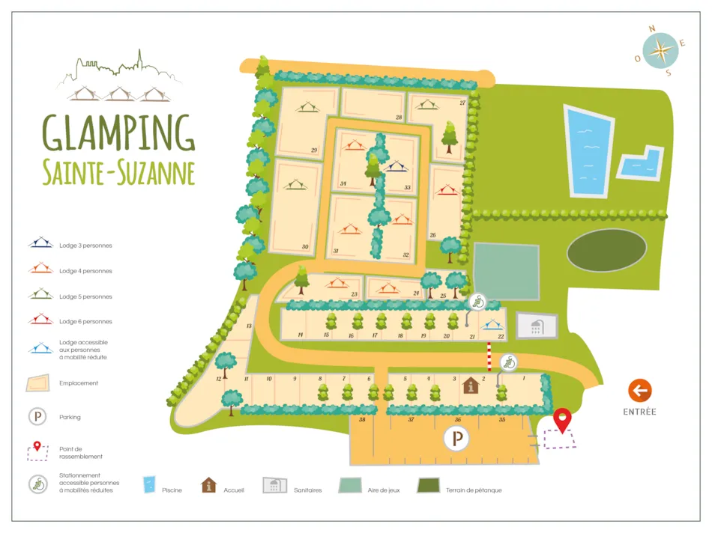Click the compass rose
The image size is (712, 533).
[660, 51]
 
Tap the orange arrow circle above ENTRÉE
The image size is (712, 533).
[639, 390]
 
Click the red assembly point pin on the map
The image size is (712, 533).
[561, 420]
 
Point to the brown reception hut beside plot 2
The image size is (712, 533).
[471, 385]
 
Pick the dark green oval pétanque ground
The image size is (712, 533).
[606, 250]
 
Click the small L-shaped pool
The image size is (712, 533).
[641, 164]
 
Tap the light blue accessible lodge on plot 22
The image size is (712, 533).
[492, 325]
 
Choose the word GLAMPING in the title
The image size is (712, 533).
[118, 133]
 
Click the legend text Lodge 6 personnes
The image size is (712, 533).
[85, 322]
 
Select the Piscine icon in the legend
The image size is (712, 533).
[149, 485]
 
